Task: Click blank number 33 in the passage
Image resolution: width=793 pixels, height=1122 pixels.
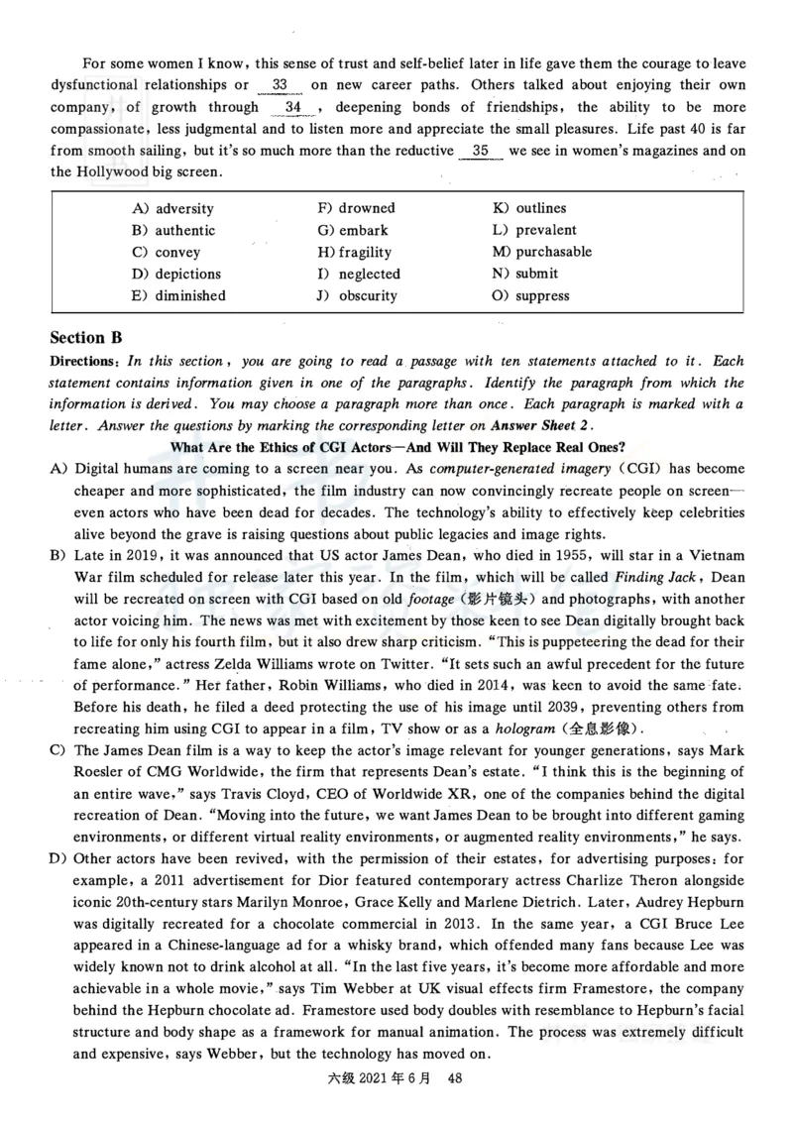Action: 280,85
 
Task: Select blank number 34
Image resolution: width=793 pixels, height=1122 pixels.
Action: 292,107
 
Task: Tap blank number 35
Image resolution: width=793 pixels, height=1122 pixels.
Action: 481,151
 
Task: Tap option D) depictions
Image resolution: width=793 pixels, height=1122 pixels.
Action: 175,274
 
